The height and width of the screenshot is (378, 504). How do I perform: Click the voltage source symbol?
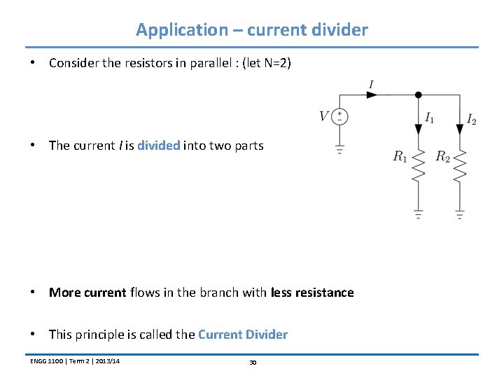point(339,116)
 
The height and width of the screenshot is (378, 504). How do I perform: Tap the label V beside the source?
point(324,116)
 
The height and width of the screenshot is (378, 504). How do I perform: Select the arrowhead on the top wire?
point(372,95)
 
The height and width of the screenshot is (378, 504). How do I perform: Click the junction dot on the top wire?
point(418,94)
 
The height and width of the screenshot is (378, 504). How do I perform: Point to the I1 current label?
point(429,118)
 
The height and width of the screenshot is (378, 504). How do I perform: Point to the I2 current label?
point(471,120)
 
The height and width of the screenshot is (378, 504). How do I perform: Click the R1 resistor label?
point(400,157)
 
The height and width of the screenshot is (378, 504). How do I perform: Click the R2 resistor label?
point(442,157)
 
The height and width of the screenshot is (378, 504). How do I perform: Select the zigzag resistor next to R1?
point(418,165)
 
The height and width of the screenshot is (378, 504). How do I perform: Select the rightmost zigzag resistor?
point(460,165)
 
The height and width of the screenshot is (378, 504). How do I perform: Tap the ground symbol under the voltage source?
point(339,149)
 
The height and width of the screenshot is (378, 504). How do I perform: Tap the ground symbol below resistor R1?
point(418,215)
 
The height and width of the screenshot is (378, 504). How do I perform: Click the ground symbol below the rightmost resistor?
point(460,215)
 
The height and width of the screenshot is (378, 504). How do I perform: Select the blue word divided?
point(159,146)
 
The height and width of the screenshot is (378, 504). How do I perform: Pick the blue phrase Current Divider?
point(243,335)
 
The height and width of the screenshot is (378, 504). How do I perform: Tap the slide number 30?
point(253,363)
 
